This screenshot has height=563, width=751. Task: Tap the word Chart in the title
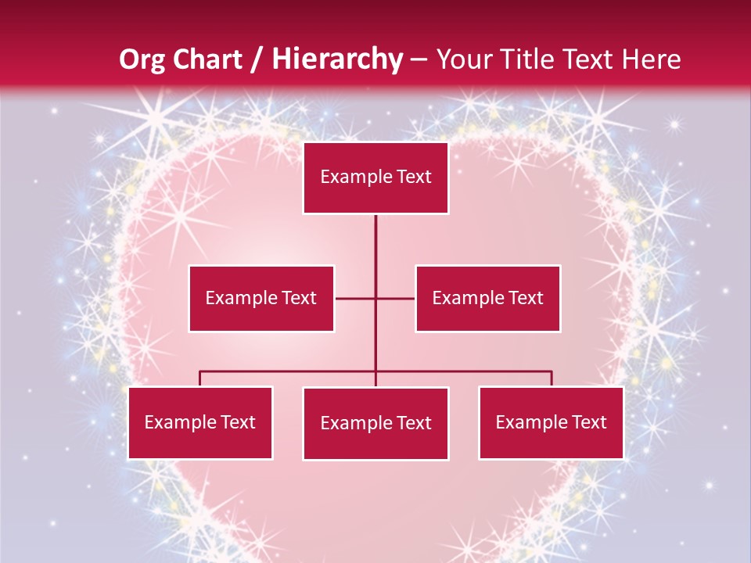click(206, 59)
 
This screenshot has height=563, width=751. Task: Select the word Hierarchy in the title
click(336, 59)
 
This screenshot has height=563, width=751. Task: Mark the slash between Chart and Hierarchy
click(259, 59)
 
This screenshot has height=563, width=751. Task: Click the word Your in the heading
click(462, 59)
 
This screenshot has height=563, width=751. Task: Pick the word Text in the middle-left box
click(299, 298)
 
